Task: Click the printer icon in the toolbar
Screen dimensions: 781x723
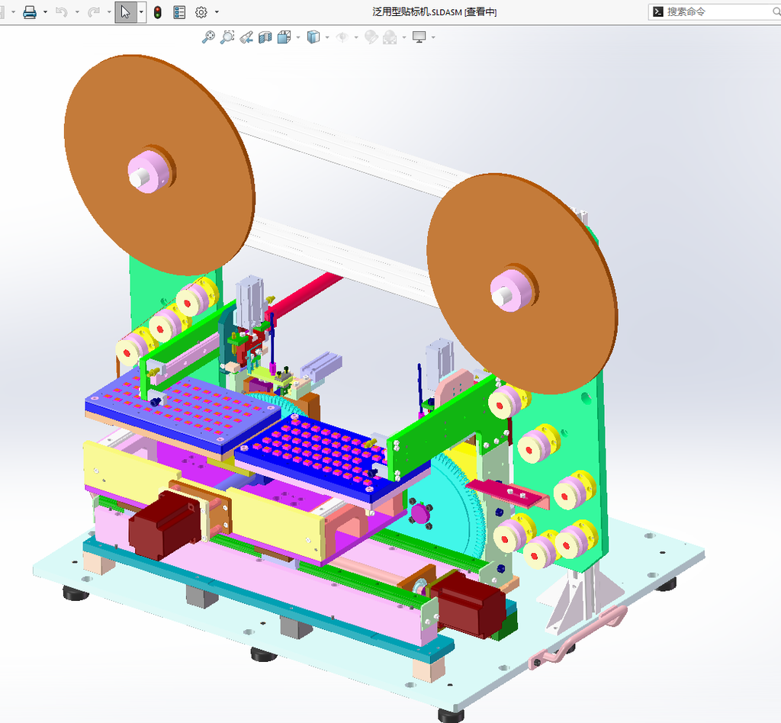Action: click(x=30, y=12)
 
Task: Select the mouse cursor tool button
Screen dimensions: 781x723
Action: click(x=126, y=12)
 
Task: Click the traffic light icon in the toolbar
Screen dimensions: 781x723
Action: click(x=157, y=12)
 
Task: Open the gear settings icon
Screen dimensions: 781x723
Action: click(x=201, y=12)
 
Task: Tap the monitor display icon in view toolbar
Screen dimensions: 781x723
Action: click(x=419, y=37)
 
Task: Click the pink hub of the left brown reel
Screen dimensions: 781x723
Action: click(x=149, y=171)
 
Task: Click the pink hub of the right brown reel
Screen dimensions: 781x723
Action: click(x=512, y=291)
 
